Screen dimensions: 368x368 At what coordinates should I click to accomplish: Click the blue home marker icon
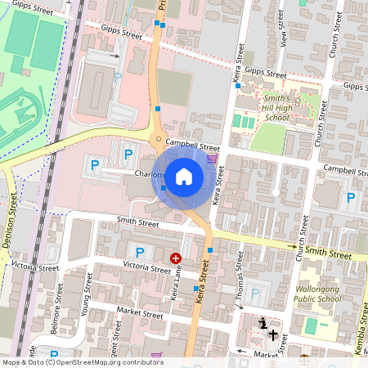click(x=184, y=177)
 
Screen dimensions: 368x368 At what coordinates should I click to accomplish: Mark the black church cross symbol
click(x=273, y=334)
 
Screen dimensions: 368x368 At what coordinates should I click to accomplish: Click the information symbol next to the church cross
click(x=263, y=325)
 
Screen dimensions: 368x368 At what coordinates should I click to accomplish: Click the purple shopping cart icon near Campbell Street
click(x=213, y=158)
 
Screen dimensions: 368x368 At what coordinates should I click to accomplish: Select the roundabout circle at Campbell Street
click(x=159, y=140)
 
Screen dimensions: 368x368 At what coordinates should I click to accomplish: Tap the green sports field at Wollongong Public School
click(x=311, y=325)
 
